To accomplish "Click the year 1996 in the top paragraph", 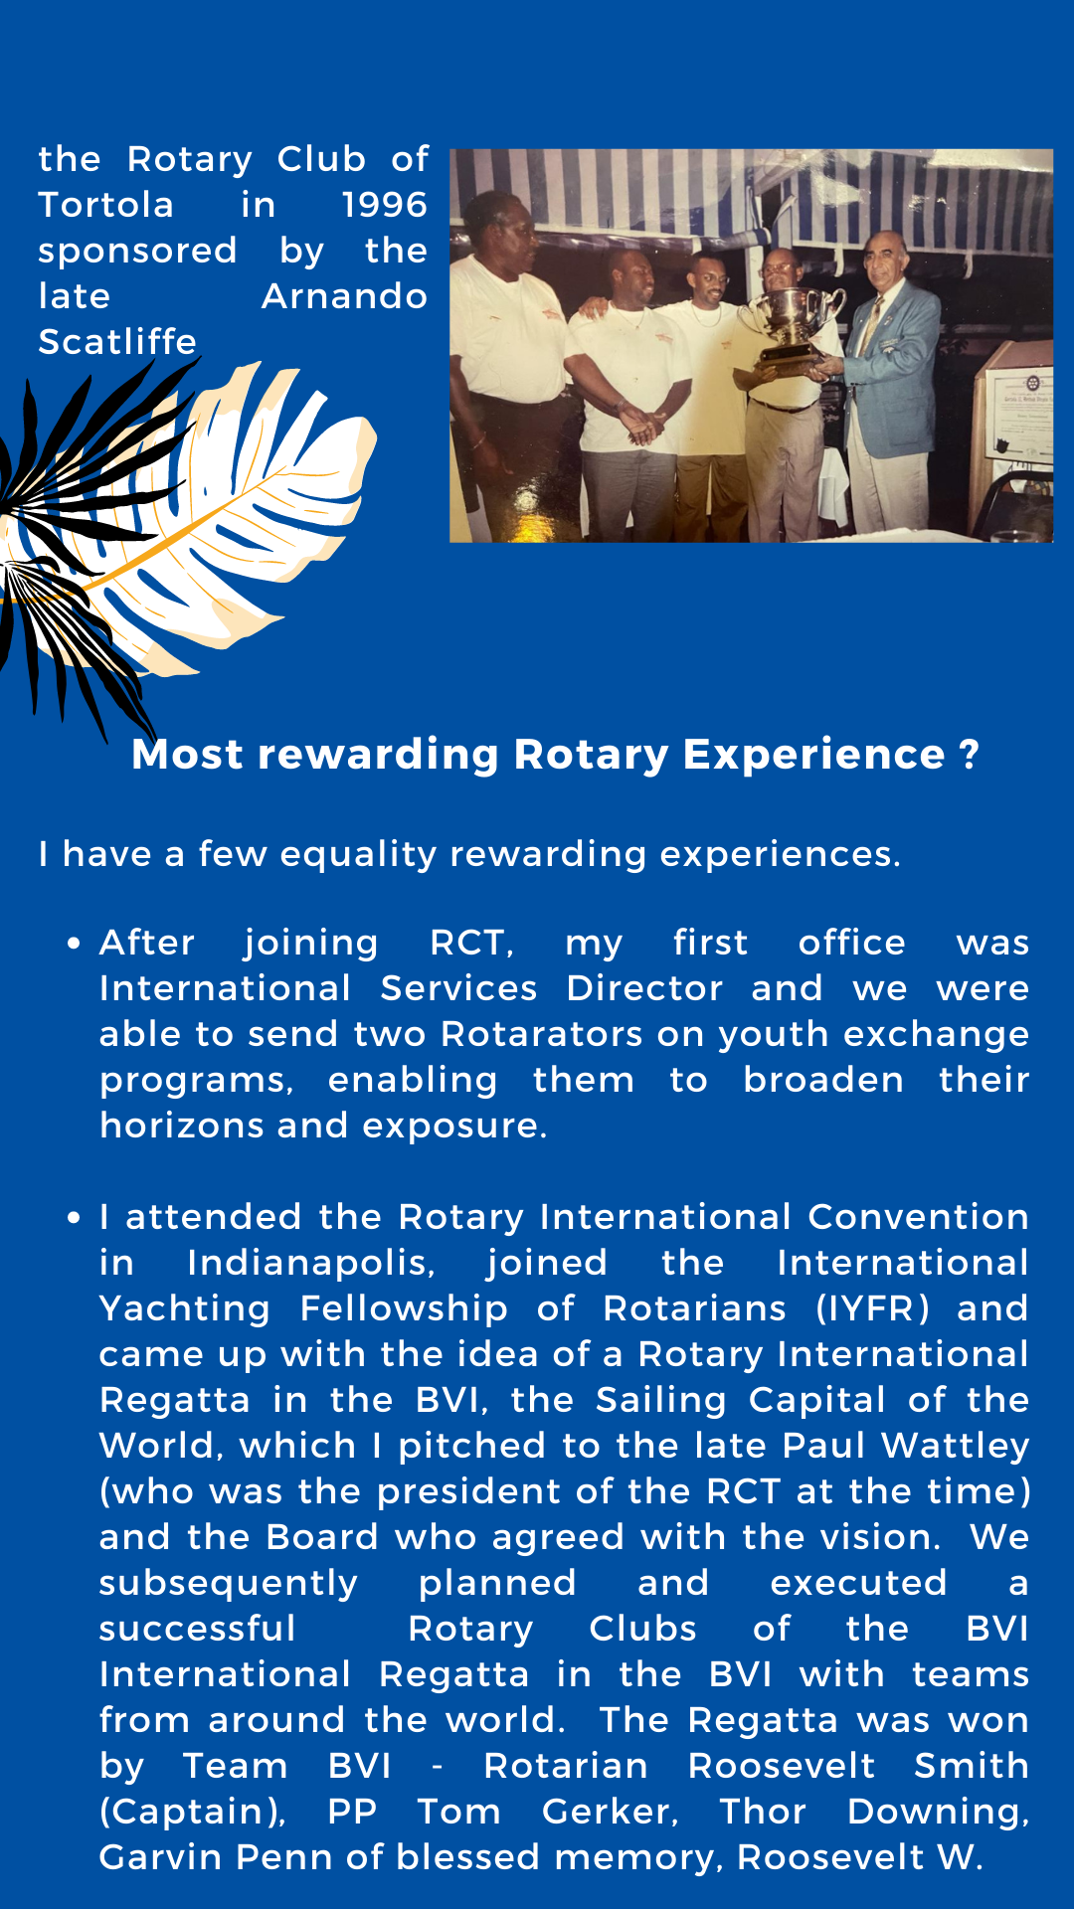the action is [x=385, y=205].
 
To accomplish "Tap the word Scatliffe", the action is [x=117, y=342].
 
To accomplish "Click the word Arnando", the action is [x=345, y=296].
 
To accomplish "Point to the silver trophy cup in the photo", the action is [x=793, y=323].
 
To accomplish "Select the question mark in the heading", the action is [x=971, y=755].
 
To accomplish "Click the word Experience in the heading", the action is [x=813, y=756].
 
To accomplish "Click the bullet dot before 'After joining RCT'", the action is [x=74, y=943].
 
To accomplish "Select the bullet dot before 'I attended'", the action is [x=74, y=1217].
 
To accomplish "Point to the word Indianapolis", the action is [x=311, y=1263].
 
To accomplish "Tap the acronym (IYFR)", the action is [x=873, y=1308].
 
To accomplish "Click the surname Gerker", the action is [x=610, y=1812].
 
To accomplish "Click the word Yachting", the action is [x=185, y=1308].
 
